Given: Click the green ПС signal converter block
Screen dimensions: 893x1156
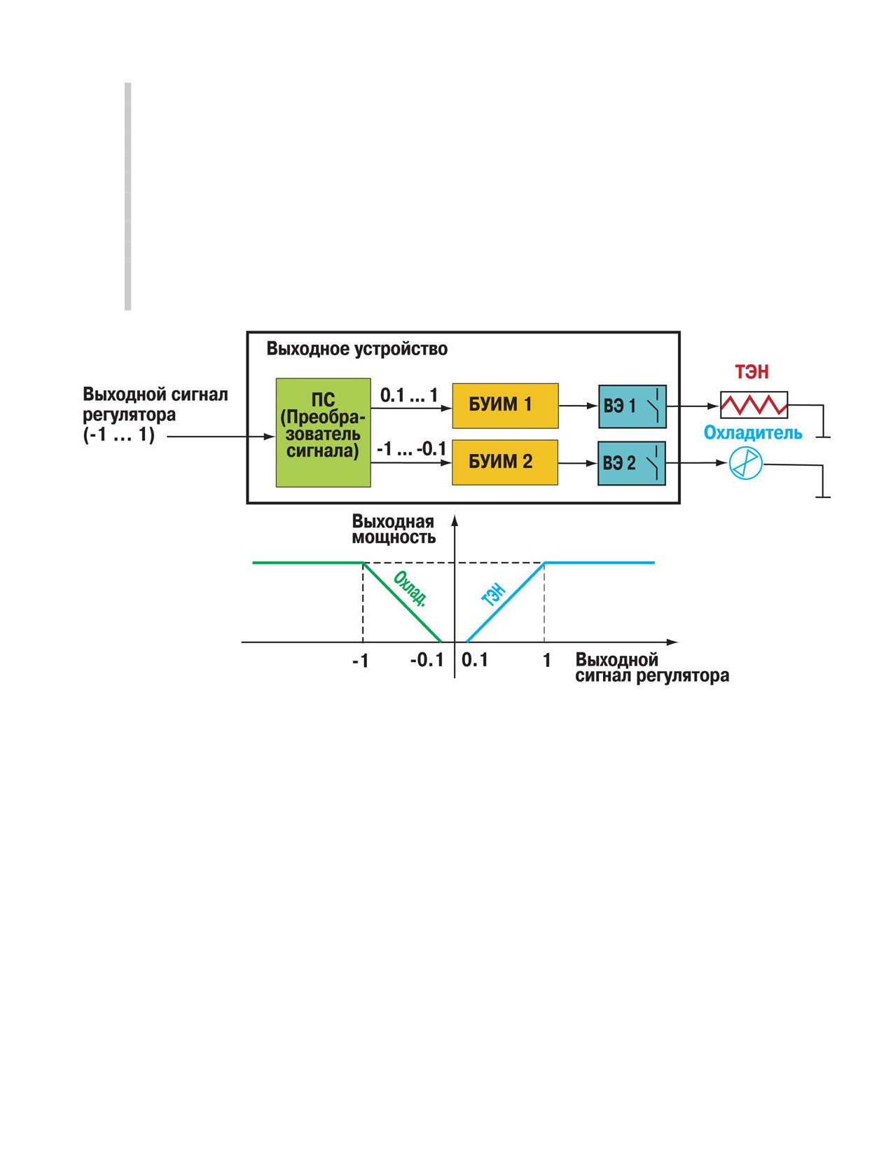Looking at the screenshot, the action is tap(323, 432).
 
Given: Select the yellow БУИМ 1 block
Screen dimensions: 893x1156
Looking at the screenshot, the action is tap(505, 406).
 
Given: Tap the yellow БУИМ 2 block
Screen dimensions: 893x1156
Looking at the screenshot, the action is tap(505, 462).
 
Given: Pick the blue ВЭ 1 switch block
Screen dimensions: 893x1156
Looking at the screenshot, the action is tap(632, 406).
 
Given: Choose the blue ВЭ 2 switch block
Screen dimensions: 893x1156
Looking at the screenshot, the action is tap(632, 463).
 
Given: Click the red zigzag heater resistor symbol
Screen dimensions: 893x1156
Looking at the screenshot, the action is tap(754, 406).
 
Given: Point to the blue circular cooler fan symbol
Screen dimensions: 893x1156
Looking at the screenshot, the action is tap(745, 463).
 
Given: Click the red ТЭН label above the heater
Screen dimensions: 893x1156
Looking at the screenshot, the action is tap(752, 372).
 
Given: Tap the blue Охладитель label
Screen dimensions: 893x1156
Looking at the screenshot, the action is tap(753, 433).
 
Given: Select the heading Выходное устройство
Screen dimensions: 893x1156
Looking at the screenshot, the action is tap(357, 349).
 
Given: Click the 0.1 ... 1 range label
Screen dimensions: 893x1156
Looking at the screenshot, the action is tap(409, 395).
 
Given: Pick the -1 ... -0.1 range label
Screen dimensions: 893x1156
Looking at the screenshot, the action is tap(411, 450).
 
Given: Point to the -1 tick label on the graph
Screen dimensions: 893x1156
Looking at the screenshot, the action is tap(360, 661).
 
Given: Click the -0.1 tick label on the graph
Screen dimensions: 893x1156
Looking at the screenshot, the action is tap(427, 660).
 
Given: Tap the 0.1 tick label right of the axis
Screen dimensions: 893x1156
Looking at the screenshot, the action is tap(474, 660).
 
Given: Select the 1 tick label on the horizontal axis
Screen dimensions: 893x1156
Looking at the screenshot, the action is tap(546, 660).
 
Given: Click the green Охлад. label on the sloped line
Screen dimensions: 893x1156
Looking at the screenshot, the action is tap(410, 589).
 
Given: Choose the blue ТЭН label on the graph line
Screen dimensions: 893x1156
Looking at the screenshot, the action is tap(493, 596).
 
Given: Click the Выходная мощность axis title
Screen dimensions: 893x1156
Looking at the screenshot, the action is tap(394, 530).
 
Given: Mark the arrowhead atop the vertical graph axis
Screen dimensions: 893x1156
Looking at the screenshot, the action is tap(455, 520).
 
